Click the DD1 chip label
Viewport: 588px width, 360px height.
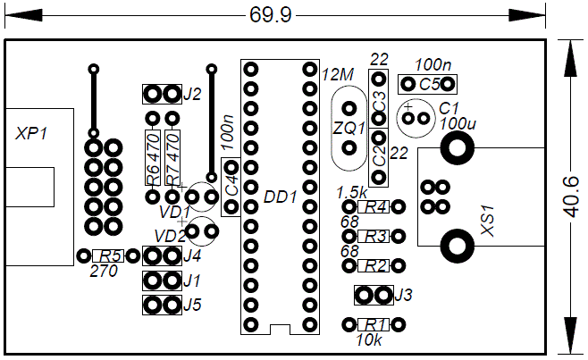(x=280, y=197)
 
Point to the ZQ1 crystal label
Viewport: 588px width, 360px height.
(x=349, y=128)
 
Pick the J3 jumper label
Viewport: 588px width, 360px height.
(x=403, y=295)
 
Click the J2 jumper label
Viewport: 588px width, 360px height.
(x=192, y=94)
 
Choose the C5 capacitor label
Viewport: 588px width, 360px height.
(x=430, y=85)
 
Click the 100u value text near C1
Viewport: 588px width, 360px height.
(x=458, y=122)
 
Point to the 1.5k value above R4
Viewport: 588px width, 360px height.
(x=352, y=192)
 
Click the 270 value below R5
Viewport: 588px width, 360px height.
(x=104, y=272)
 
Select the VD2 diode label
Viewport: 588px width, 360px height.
(x=171, y=236)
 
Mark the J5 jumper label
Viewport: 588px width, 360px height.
(x=192, y=305)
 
